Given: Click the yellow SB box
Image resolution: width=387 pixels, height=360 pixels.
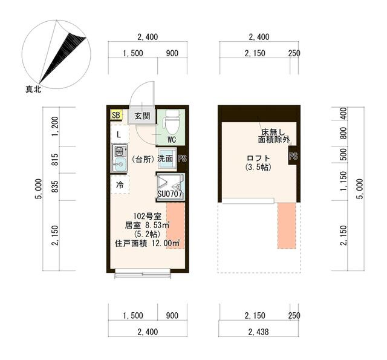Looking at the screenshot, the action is click(x=116, y=115).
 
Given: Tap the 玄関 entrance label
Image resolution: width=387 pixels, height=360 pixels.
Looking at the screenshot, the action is click(x=143, y=116).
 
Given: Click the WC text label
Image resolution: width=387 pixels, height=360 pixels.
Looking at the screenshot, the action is click(x=172, y=140).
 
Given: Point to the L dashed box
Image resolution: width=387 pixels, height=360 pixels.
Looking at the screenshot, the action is click(x=120, y=134).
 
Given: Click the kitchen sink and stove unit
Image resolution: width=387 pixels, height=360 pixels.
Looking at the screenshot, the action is click(x=120, y=158).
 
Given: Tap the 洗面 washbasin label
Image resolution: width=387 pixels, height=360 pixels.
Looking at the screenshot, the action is click(x=165, y=159).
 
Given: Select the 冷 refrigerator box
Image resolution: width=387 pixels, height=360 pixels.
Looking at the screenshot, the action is click(x=120, y=185).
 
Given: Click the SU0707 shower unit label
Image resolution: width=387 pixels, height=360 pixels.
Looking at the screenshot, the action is click(x=170, y=194).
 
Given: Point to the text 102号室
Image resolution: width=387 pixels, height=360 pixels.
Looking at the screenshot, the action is click(x=148, y=216).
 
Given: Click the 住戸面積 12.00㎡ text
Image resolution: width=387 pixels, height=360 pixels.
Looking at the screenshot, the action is click(x=148, y=243).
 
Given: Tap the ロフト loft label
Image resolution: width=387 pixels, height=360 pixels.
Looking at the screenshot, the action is click(x=258, y=158).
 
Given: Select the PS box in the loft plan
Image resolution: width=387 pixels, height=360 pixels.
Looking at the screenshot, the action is click(x=293, y=156).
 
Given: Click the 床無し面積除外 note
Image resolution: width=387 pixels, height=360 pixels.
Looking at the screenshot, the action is click(x=274, y=136).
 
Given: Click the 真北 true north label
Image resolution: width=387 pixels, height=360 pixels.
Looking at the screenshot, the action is click(x=33, y=89).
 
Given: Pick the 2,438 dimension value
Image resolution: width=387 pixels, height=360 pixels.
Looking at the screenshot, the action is click(x=258, y=332).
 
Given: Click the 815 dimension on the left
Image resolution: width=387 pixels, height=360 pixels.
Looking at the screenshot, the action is click(x=56, y=160).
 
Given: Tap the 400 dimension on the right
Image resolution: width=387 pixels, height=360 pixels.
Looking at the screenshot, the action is click(x=343, y=113).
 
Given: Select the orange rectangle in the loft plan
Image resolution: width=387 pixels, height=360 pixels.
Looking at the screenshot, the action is click(x=287, y=226).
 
